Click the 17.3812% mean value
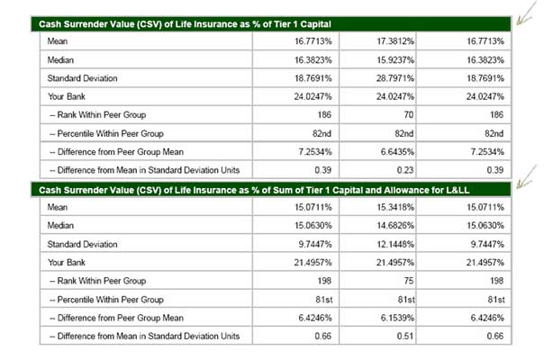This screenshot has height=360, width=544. [x=395, y=41]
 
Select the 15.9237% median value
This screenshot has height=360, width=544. [x=395, y=60]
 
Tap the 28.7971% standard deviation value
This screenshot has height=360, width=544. [x=395, y=78]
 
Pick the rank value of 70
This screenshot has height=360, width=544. [x=409, y=115]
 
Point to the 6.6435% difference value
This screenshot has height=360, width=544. [x=397, y=152]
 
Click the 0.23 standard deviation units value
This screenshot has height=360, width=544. [x=405, y=170]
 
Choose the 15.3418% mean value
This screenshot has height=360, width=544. [x=395, y=207]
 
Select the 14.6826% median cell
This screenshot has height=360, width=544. [x=395, y=226]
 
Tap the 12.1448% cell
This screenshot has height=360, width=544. [x=395, y=245]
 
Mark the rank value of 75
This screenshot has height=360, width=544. [x=409, y=281]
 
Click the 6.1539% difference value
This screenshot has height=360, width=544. [x=397, y=318]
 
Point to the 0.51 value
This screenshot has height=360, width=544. [x=405, y=337]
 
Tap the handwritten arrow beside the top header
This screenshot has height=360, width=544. [x=526, y=13]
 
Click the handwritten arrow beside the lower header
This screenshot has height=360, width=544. [x=526, y=177]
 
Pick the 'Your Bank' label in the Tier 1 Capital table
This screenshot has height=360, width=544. [x=67, y=97]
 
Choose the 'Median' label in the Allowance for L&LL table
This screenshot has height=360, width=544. [x=60, y=226]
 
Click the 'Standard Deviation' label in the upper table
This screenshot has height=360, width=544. [x=82, y=78]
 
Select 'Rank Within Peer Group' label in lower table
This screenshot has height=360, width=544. [x=98, y=281]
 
